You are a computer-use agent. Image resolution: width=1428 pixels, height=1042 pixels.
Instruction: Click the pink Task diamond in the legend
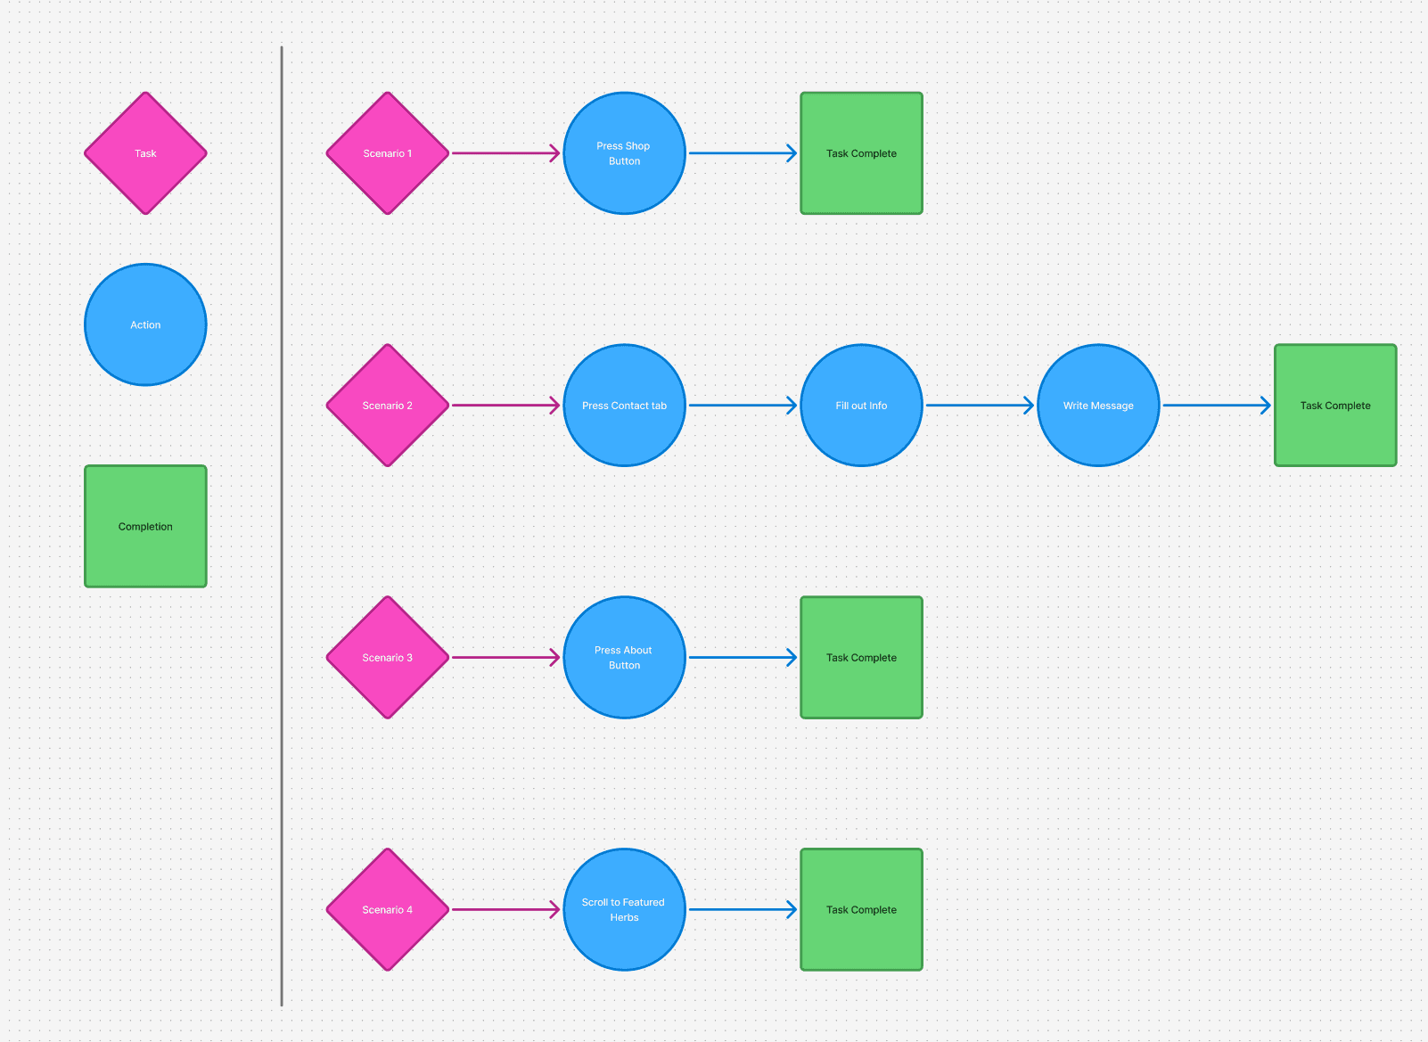click(x=145, y=153)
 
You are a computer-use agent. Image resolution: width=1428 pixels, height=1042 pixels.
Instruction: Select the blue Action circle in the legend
click(x=145, y=324)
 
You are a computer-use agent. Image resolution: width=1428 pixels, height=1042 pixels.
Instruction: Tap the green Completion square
click(x=145, y=527)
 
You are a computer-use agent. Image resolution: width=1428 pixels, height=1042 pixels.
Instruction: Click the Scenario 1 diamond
click(x=388, y=153)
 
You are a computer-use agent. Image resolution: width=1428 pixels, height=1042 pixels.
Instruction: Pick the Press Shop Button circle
click(x=625, y=153)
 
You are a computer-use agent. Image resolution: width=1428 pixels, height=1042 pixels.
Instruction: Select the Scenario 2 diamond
click(x=388, y=406)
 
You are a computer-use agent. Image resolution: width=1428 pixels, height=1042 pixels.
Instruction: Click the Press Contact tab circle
click(x=625, y=406)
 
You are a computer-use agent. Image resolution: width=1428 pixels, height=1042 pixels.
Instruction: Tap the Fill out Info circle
click(x=861, y=406)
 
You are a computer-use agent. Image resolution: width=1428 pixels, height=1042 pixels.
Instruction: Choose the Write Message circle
click(x=1098, y=406)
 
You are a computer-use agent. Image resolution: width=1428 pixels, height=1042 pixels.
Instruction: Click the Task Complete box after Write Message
click(x=1335, y=406)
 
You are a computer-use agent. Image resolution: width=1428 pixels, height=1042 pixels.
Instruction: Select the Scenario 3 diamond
click(x=388, y=657)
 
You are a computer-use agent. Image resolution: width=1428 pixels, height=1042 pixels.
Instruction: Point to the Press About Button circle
click(x=625, y=657)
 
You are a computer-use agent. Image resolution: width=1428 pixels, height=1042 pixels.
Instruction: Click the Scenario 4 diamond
click(x=388, y=909)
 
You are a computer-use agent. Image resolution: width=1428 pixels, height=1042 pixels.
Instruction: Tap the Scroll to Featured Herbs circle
click(x=625, y=909)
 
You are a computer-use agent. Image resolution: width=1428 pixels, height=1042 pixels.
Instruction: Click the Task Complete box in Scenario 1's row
click(x=861, y=153)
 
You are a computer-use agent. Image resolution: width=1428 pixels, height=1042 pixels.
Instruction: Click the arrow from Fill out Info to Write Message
click(x=980, y=406)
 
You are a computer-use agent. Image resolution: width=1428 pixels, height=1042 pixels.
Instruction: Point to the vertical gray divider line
click(x=282, y=527)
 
